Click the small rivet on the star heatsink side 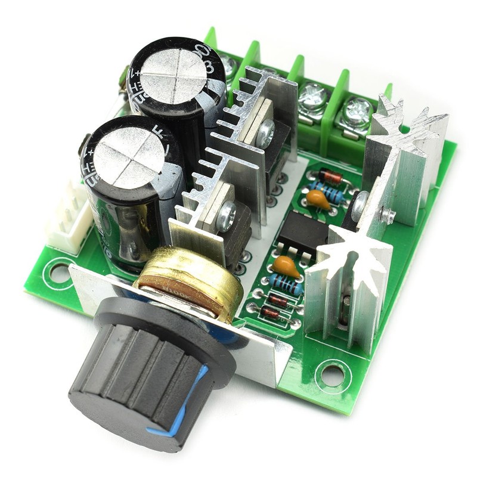click(x=388, y=214)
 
